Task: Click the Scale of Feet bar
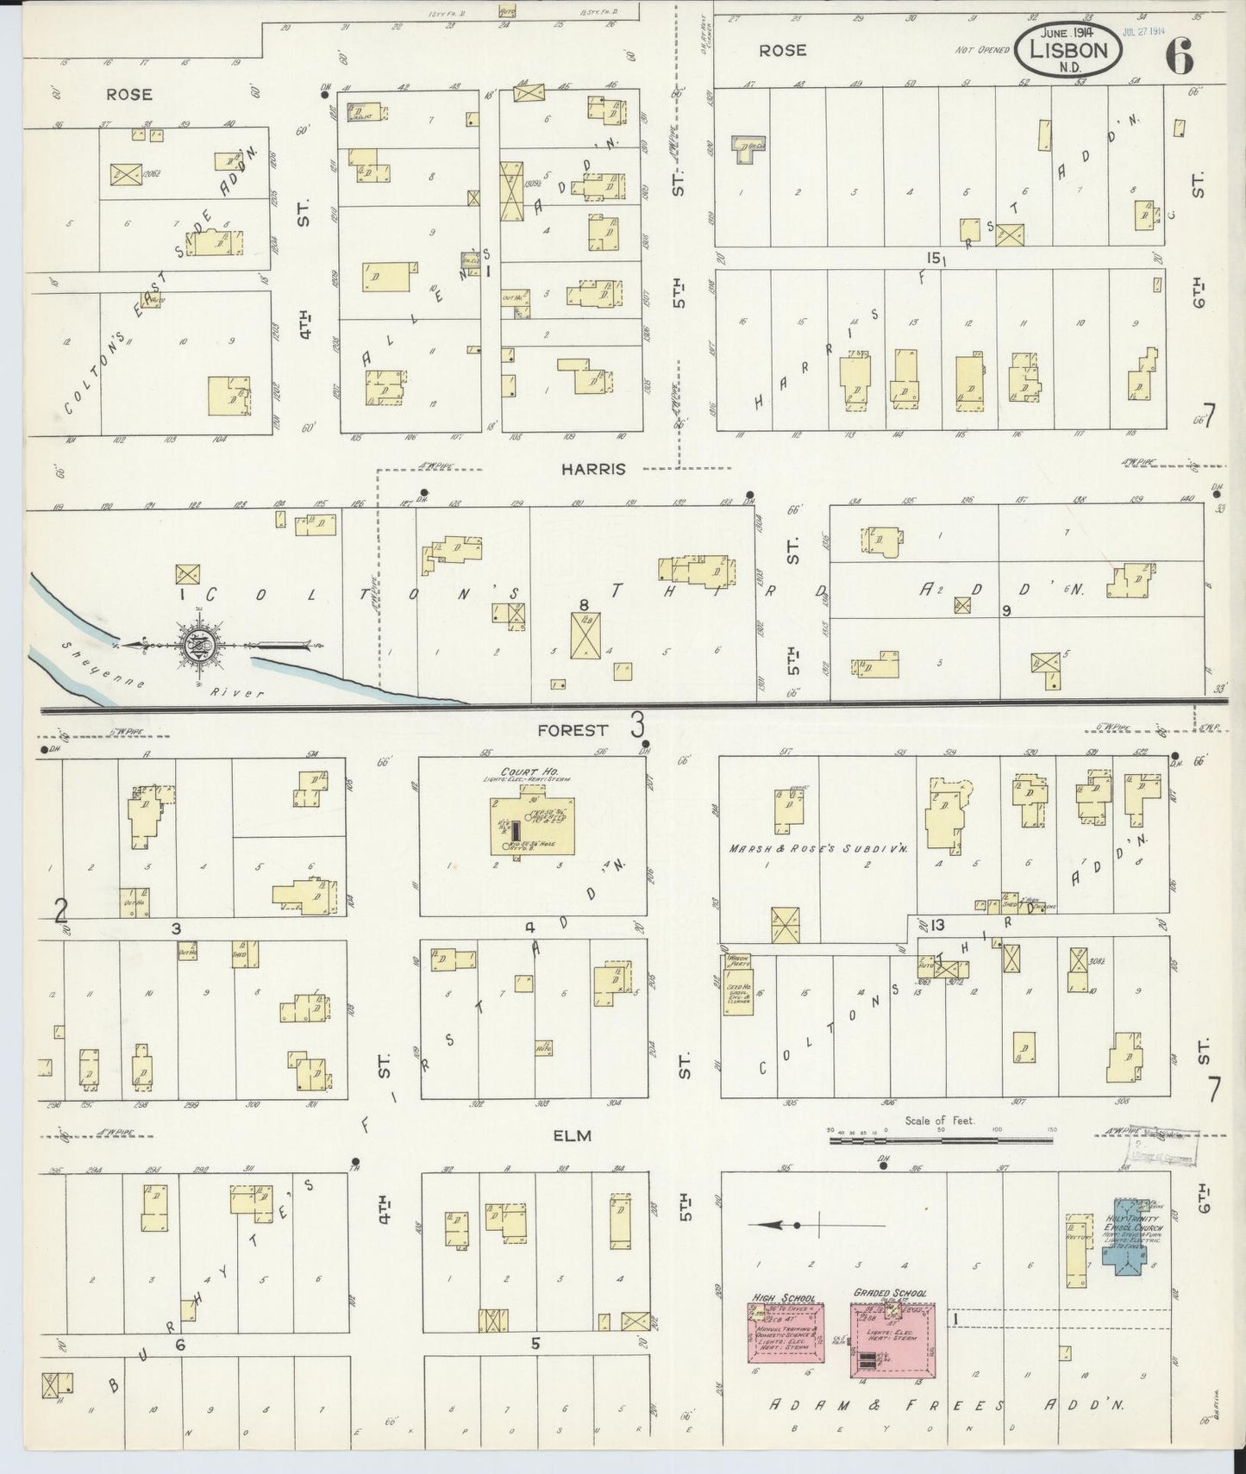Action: point(940,1140)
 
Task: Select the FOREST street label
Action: point(572,729)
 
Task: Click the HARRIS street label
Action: point(592,470)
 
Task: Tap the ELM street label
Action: point(573,1135)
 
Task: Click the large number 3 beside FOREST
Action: point(637,725)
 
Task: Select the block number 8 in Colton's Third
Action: point(584,604)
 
